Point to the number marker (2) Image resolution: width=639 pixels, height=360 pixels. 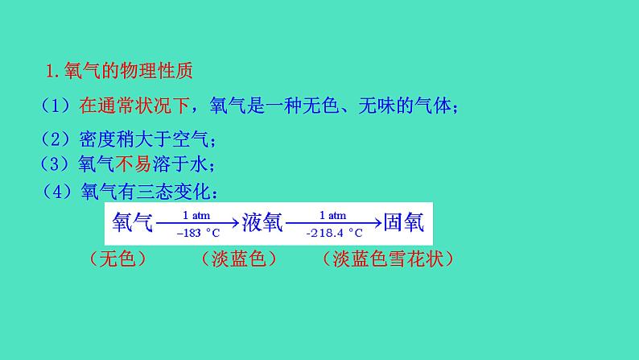click(x=56, y=138)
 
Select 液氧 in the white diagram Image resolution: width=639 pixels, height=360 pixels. click(x=262, y=223)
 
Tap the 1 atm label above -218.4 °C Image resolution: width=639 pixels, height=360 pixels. click(x=332, y=215)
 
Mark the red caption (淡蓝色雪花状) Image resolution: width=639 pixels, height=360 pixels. click(x=387, y=259)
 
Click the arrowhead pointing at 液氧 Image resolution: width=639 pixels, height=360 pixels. click(x=236, y=223)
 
